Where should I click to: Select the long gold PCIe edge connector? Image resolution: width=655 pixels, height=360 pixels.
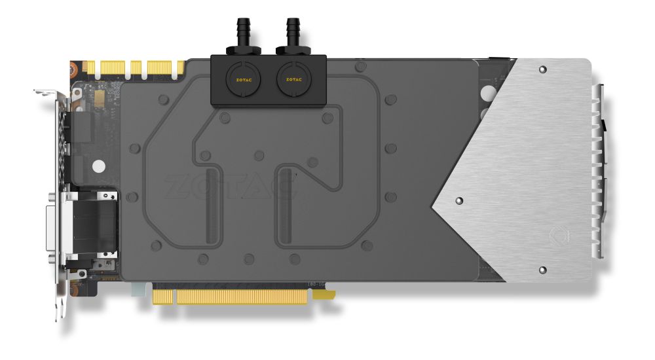pos(230,296)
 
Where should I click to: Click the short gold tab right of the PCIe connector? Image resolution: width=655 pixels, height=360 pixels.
pos(324,295)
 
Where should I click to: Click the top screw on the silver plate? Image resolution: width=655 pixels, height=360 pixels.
pos(542,69)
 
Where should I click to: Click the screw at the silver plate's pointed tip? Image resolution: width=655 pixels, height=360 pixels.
pos(458,200)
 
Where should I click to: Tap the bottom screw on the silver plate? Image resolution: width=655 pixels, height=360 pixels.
pos(542,269)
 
